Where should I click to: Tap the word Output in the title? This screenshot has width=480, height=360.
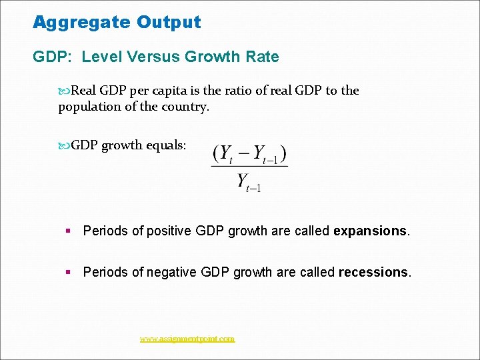coord(169,23)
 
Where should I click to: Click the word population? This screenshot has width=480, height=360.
coord(89,107)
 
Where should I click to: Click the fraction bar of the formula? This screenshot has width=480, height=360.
coord(249,167)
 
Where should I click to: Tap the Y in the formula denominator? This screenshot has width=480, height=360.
coord(243,181)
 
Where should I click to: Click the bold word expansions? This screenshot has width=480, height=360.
coord(370,231)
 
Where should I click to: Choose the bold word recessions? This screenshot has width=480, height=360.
coord(373,272)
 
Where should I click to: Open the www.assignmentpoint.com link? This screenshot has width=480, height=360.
coord(187,339)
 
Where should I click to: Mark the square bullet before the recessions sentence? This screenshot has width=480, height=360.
coord(68,272)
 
